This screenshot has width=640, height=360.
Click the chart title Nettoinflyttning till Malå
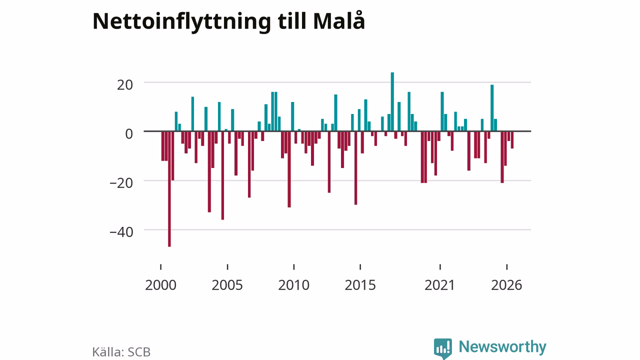228,21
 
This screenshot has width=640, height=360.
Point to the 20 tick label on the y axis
125,85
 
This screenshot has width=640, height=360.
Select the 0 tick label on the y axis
129,133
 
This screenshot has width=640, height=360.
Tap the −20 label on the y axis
121,183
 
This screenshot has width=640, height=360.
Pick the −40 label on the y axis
121,232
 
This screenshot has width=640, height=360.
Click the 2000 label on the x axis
160,285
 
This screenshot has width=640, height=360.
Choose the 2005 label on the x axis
227,285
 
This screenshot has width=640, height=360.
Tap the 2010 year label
293,285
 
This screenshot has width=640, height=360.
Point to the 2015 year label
360,285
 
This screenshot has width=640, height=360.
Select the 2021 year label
439,285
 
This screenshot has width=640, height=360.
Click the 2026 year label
506,285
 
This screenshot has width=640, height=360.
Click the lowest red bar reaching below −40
169,189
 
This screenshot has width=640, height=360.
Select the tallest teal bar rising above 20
392,101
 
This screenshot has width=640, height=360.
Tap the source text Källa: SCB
121,352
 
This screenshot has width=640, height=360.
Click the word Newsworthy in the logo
502,346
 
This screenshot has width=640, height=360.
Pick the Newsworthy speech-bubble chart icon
443,348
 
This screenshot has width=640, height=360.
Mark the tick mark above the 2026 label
507,267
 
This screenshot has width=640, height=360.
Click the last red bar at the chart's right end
512,139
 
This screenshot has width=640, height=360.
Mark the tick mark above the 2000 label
161,267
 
